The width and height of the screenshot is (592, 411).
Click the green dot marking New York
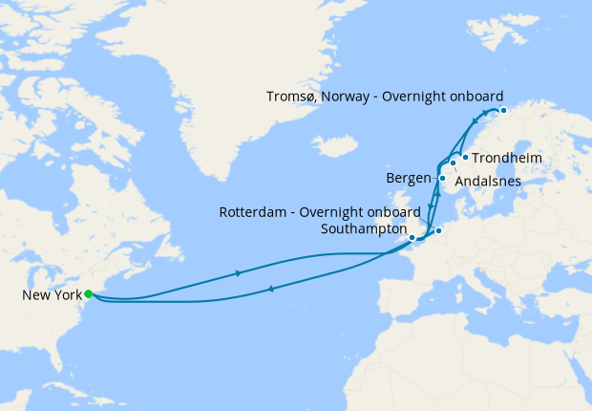pos(88,294)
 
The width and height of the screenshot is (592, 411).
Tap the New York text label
pos(51,295)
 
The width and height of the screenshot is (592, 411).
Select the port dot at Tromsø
pos(503,111)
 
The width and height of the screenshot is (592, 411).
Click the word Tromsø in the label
pos(287,96)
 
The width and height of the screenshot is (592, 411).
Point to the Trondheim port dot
pos(465,158)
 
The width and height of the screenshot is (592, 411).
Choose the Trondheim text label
pos(508,158)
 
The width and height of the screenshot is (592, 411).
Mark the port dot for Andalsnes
pos(453,163)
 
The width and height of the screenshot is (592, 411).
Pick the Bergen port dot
pos(442,178)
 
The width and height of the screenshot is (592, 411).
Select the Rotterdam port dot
pos(438,231)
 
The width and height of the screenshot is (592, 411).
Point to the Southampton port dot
pos(412,237)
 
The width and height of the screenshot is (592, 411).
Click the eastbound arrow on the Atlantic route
pos(237,273)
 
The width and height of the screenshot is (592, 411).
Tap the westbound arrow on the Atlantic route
pos(272,288)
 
